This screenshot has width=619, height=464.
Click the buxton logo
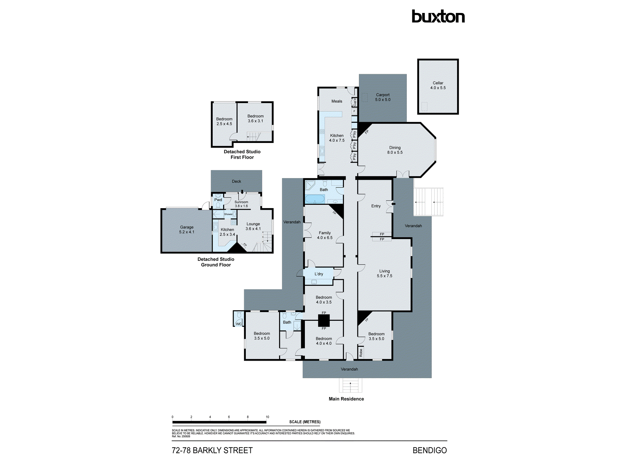click(438, 17)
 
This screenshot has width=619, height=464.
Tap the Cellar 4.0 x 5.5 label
click(438, 85)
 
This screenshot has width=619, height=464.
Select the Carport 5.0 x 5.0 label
click(383, 97)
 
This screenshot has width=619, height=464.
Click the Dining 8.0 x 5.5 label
click(395, 150)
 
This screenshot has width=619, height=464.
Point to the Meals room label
click(337, 101)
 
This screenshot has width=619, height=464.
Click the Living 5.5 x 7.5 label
click(384, 273)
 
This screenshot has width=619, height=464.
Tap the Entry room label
click(376, 206)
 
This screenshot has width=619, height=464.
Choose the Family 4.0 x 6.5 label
click(325, 235)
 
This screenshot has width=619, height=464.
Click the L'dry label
click(319, 274)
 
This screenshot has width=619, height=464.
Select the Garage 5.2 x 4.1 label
click(187, 230)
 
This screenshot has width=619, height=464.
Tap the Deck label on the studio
click(236, 182)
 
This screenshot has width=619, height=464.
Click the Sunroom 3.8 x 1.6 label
click(241, 204)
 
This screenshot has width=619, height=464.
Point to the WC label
click(239, 324)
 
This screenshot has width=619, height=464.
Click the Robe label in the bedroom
click(361, 353)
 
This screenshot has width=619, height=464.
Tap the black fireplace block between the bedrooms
click(324, 321)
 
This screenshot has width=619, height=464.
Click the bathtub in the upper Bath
click(315, 199)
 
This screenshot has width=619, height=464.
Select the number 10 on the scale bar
click(267, 417)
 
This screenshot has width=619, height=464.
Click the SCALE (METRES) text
click(305, 422)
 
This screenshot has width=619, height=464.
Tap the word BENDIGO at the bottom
click(430, 450)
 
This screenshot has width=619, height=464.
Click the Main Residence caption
click(346, 399)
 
